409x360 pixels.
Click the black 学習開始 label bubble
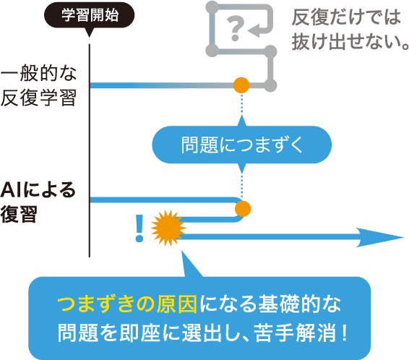(x=89, y=16)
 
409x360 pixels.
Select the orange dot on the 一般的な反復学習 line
(x=241, y=85)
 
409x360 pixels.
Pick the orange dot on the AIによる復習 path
(x=243, y=209)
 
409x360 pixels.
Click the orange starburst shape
(x=168, y=228)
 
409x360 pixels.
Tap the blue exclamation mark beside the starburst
(x=139, y=228)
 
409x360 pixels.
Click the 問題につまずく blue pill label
(x=242, y=145)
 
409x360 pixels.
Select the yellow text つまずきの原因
(x=127, y=304)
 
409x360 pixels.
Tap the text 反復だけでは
(x=346, y=17)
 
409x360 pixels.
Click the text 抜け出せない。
(x=350, y=41)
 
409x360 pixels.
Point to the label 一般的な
(x=38, y=73)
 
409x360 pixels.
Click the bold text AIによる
(x=38, y=190)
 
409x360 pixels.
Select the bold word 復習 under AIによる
(x=19, y=214)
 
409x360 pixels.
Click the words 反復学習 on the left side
(x=38, y=98)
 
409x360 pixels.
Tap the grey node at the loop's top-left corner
(x=212, y=7)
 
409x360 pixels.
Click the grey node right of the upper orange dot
(x=270, y=85)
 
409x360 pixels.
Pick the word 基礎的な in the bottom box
(x=300, y=304)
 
